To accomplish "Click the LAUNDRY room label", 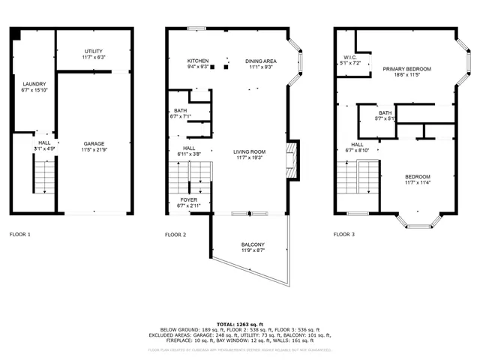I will pos(34,84).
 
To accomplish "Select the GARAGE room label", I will pos(94,143).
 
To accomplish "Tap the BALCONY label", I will pos(253,244).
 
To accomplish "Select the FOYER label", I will pos(188,199).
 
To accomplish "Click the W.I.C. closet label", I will pos(350,57).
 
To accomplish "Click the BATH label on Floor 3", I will pos(385,112).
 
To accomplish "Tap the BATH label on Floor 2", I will pos(181,110).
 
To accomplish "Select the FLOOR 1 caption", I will pos(20,234).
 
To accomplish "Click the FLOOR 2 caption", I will pos(175,234).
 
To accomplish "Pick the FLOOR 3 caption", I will pos(344,234).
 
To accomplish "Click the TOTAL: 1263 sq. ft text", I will pos(240,322).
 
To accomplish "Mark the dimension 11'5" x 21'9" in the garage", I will pos(94,149).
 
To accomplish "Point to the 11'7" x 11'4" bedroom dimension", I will pos(418,182).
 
